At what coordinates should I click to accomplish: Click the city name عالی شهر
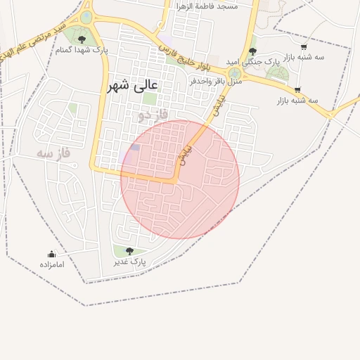(x=133, y=86)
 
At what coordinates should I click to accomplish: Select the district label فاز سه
(x=55, y=153)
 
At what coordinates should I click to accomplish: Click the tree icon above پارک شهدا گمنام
(x=82, y=39)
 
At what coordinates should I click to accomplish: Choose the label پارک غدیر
(x=130, y=262)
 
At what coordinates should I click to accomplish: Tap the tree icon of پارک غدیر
(x=129, y=251)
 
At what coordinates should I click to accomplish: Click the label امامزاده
(x=52, y=264)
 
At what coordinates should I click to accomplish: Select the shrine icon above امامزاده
(x=51, y=254)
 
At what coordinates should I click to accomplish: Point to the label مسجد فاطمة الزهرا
(x=207, y=6)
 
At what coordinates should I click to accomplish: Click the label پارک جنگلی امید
(x=253, y=62)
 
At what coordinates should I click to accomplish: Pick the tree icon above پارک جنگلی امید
(x=253, y=51)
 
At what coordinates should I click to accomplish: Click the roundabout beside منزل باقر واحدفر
(x=234, y=72)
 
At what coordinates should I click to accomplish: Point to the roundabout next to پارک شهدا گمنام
(x=86, y=17)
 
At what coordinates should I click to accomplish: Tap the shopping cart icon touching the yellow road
(x=298, y=89)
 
